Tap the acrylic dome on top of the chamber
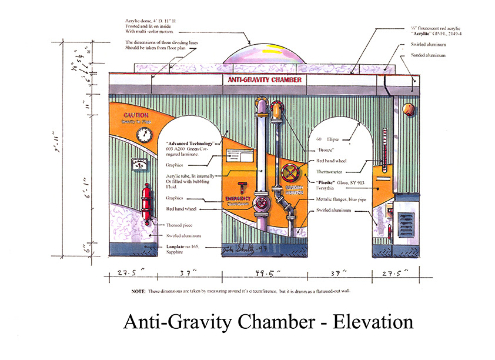tap(264, 54)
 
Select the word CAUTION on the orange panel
tap(136, 115)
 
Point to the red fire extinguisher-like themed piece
tap(146, 204)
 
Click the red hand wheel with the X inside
tap(289, 174)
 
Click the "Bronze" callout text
tap(322, 151)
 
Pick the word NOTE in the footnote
tap(138, 292)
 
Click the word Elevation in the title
tap(373, 322)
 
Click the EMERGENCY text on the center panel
tap(238, 199)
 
